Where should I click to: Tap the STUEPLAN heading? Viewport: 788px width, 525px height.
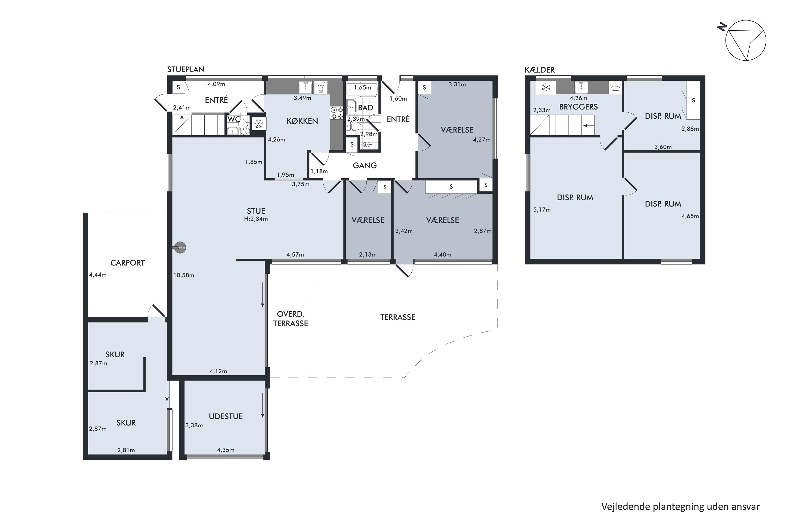[x=186, y=69]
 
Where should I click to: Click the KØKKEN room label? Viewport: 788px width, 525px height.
[x=302, y=121]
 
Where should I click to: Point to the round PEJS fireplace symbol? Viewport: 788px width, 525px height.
[x=180, y=248]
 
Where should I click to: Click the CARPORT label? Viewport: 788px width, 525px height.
[x=128, y=263]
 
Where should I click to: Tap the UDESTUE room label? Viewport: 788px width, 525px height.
[x=226, y=416]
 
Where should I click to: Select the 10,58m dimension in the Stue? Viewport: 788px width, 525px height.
[x=184, y=275]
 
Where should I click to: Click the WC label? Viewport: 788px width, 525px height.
[x=234, y=119]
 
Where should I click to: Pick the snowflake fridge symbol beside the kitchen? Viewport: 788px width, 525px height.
[x=258, y=124]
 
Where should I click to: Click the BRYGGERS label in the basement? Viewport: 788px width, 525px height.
[x=578, y=107]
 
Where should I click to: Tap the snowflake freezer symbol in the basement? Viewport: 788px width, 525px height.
[x=546, y=88]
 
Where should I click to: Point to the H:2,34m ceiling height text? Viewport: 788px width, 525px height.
[x=256, y=219]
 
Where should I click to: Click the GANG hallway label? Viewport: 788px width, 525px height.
[x=365, y=165]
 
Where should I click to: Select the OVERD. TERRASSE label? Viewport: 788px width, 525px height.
[x=291, y=319]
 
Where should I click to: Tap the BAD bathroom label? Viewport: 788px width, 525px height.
[x=366, y=108]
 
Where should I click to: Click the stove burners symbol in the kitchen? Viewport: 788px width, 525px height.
[x=336, y=113]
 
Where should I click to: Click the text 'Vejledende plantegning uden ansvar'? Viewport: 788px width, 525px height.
[x=681, y=507]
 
